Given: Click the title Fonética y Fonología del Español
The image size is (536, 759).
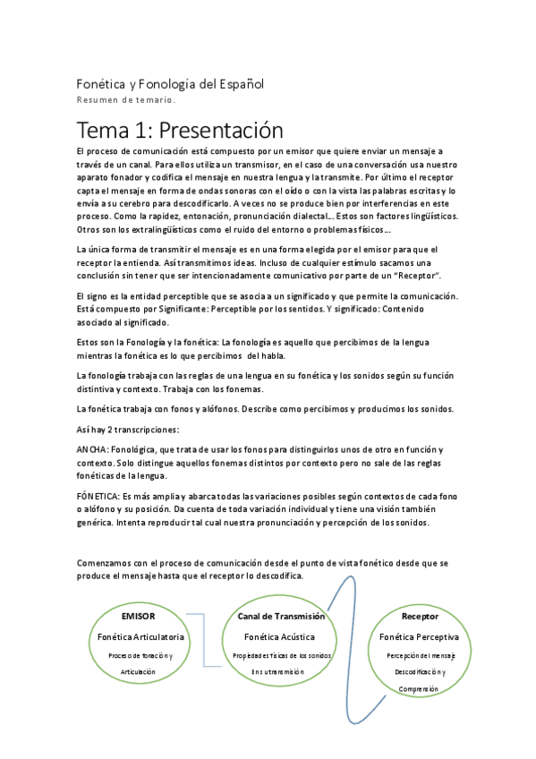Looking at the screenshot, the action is click(170, 84).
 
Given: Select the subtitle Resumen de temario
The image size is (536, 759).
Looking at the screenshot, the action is click(125, 100).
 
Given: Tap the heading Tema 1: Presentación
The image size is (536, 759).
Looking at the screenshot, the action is click(180, 131).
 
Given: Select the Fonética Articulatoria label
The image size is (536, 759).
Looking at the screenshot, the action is click(142, 636).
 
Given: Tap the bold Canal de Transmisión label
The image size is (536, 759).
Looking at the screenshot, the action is click(281, 617).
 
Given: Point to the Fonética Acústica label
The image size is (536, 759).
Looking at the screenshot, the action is click(280, 636).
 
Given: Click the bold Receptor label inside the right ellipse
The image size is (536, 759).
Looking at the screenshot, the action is click(420, 617).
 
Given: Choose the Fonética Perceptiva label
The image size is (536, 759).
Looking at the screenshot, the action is click(420, 636).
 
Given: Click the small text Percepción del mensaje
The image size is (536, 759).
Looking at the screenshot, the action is click(420, 655).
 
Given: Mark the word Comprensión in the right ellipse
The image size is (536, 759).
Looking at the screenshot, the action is click(420, 689).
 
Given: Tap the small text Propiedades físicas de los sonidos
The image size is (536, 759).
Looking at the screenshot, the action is click(281, 655).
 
